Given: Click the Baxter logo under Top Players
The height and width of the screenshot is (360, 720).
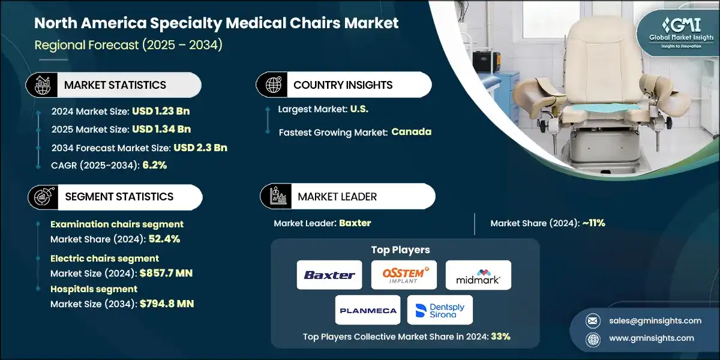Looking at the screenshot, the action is pos(329,275).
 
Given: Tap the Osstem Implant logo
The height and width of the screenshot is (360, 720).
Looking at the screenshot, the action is pos(404,275).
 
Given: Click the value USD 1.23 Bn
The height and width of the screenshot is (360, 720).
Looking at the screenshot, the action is pos(161,111).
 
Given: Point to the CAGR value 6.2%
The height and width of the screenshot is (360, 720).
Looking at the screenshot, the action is pos(154,165).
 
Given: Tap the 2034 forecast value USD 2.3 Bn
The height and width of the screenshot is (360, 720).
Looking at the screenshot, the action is pos(200,148).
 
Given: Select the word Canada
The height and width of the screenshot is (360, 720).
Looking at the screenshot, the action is pos(412,132).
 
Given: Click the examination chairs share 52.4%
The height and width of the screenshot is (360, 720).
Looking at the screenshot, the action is pos(164,239).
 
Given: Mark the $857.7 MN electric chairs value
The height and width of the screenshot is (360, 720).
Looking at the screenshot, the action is pos(166,273).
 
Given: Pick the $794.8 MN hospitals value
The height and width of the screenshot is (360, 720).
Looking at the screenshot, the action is pos(167,304).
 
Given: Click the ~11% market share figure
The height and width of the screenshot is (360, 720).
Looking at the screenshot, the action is pos(593,223).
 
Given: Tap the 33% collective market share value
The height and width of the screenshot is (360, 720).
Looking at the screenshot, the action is pos(500,337).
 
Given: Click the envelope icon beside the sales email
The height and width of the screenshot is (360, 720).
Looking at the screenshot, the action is pos(593,321).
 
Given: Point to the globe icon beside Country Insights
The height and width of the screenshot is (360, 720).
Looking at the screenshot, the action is pos(273,85).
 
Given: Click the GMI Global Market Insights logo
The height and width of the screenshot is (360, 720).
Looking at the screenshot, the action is pos(681,33).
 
